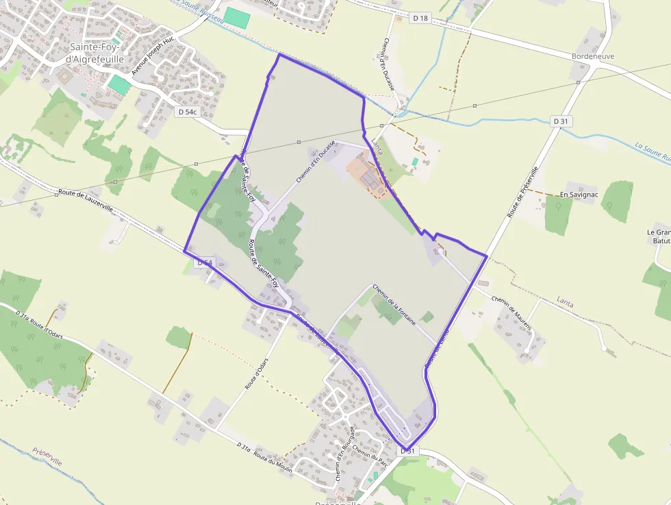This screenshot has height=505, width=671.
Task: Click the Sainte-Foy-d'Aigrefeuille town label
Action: pyautogui.click(x=97, y=53)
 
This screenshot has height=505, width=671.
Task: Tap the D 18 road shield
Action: pyautogui.click(x=420, y=18)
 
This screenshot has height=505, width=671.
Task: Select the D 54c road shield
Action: pyautogui.click(x=187, y=111)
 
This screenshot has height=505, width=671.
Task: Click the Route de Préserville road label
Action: pyautogui.click(x=524, y=193)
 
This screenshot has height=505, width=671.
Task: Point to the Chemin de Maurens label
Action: pyautogui.click(x=511, y=314)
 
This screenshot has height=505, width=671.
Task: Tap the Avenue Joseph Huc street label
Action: pyautogui.click(x=154, y=56)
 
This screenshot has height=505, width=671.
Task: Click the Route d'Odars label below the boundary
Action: pyautogui.click(x=256, y=373)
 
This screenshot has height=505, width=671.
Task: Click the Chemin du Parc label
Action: pyautogui.click(x=371, y=460)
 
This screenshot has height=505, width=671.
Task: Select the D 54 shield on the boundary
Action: pyautogui.click(x=205, y=263)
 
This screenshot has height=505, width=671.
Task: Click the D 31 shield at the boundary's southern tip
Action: pyautogui.click(x=407, y=450)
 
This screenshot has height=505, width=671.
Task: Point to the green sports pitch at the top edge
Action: pyautogui.click(x=237, y=18)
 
